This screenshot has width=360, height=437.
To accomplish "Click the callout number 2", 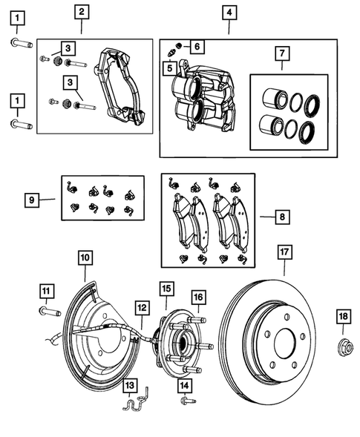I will pyautogui.click(x=81, y=12).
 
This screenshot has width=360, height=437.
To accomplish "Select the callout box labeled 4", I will pyautogui.click(x=229, y=13).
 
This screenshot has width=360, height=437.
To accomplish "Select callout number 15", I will pyautogui.click(x=166, y=287).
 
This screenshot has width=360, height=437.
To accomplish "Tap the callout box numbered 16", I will pyautogui.click(x=198, y=298).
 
